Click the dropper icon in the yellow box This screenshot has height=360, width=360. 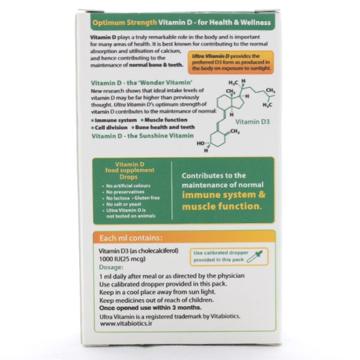pyautogui.click(x=254, y=257)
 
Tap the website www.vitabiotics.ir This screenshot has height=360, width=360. pyautogui.click(x=126, y=323)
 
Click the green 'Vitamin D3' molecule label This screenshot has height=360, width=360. pyautogui.click(x=253, y=122)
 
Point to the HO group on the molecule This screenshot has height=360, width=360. pyautogui.click(x=200, y=143)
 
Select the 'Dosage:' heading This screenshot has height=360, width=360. pyautogui.click(x=111, y=267)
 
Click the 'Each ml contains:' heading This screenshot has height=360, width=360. pyautogui.click(x=131, y=238)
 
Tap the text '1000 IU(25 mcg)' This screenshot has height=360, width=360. pyautogui.click(x=122, y=259)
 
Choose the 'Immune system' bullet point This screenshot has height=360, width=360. pyautogui.click(x=114, y=121)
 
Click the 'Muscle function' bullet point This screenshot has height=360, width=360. pyautogui.click(x=164, y=120)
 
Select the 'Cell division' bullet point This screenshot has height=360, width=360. pyautogui.click(x=109, y=127)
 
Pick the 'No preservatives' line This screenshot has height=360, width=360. pyautogui.click(x=123, y=192)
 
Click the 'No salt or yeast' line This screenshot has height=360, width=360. pyautogui.click(x=122, y=204)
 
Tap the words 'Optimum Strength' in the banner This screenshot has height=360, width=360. pyautogui.click(x=124, y=23)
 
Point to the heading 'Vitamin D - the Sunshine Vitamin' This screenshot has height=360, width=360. pyautogui.click(x=143, y=136)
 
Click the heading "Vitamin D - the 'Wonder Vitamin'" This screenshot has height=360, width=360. pyautogui.click(x=142, y=83)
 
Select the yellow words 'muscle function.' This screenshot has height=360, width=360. pyautogui.click(x=222, y=206)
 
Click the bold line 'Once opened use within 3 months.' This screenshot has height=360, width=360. pyautogui.click(x=151, y=308)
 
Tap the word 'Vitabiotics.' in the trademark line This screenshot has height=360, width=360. pyautogui.click(x=225, y=316)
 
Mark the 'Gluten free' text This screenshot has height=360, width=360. pyautogui.click(x=147, y=198)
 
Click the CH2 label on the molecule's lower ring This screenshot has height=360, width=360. pyautogui.click(x=235, y=131)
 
